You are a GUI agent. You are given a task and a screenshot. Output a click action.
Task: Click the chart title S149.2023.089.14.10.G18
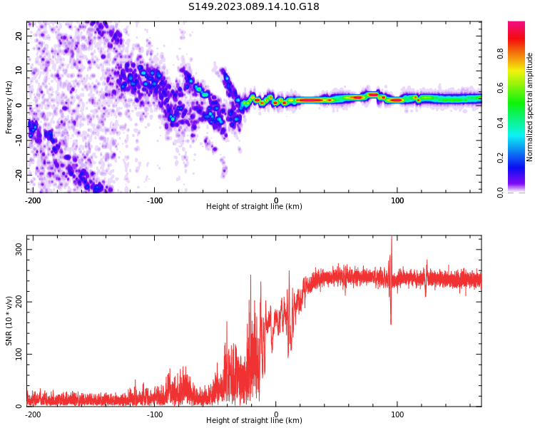coord(254,6)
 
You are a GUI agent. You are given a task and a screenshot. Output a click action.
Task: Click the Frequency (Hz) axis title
coord(9,107)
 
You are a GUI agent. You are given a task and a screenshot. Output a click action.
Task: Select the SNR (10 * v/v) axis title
coord(9,321)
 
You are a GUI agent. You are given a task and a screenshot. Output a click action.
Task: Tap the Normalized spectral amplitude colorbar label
coord(530,107)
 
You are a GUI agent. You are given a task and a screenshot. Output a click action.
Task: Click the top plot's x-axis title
coord(254,207)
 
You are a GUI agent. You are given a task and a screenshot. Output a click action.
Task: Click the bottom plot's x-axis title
coord(254,420)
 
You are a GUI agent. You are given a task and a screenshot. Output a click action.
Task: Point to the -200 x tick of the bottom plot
coord(32,414)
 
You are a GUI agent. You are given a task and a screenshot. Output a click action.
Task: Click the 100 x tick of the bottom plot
coord(397,414)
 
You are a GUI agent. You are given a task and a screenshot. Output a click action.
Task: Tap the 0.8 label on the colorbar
coord(501,53)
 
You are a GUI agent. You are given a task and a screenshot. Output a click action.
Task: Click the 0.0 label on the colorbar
coord(501,192)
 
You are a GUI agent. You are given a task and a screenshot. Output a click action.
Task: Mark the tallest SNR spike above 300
coord(391,238)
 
